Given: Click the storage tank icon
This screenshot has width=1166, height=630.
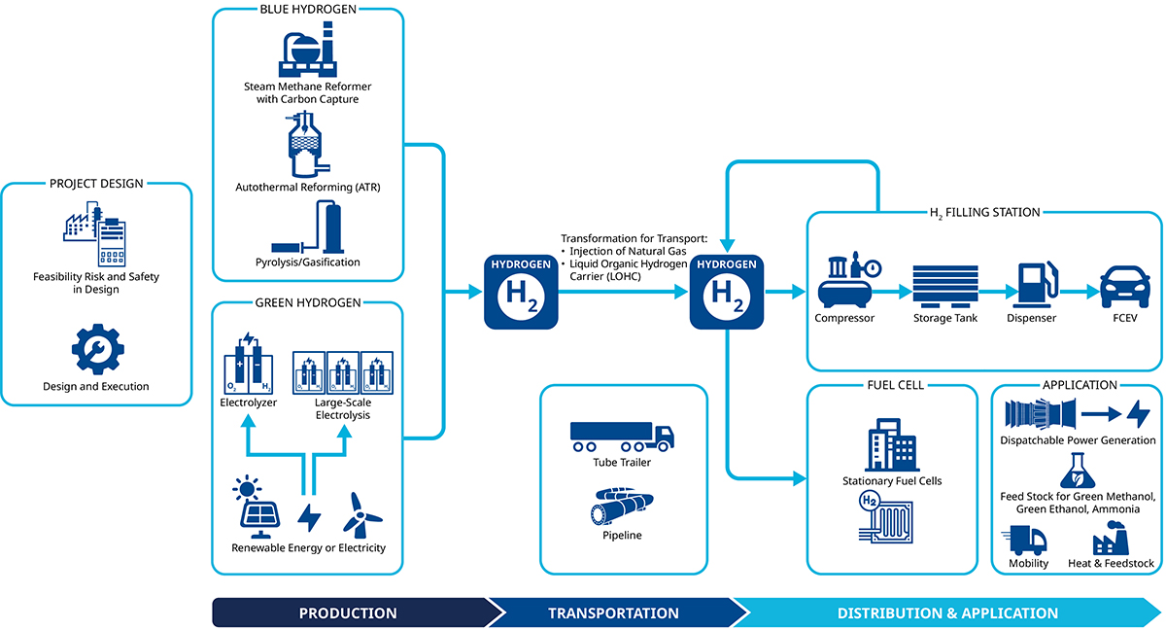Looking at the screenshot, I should [944, 286].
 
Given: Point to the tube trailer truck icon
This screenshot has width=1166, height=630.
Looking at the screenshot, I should [622, 436].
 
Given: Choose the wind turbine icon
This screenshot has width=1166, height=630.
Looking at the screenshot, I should [362, 513].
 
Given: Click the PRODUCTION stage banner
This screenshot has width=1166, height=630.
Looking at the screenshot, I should [348, 612].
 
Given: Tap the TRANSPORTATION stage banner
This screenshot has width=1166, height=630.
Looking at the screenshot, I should [613, 612].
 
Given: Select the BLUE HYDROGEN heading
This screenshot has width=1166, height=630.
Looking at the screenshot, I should [307, 10].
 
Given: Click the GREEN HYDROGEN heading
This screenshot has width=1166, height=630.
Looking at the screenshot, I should [307, 302].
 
